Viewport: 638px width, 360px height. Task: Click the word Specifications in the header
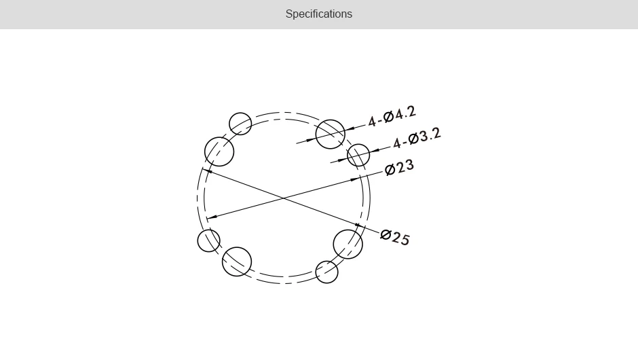[x=318, y=14]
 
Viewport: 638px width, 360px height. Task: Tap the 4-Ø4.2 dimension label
[x=392, y=116]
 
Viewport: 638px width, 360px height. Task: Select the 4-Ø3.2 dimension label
[x=417, y=138]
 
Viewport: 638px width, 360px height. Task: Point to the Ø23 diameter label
[x=399, y=167]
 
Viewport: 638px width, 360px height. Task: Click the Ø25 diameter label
[x=395, y=237]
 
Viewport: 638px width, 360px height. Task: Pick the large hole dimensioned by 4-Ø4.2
[x=331, y=134]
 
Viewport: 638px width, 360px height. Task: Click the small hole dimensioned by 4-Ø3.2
[x=358, y=155]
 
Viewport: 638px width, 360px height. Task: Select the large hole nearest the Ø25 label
[x=348, y=245]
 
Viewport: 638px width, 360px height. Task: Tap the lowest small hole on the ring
[x=327, y=272]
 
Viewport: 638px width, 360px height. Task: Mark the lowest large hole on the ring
[x=237, y=262]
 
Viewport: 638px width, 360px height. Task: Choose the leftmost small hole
[x=209, y=240]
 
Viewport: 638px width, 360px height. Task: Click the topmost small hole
[x=240, y=124]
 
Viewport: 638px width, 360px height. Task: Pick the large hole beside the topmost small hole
[x=219, y=151]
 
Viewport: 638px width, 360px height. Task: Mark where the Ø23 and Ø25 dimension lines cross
[x=282, y=198]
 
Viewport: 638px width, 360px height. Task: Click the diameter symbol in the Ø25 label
[x=386, y=235]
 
